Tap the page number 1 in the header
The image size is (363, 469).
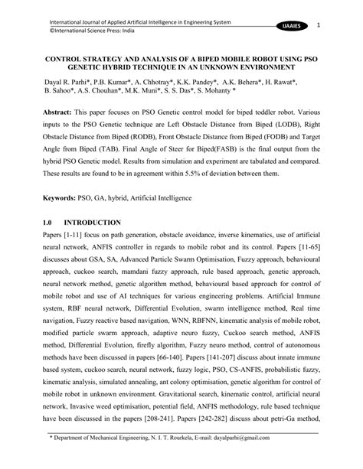(x=338, y=24)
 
